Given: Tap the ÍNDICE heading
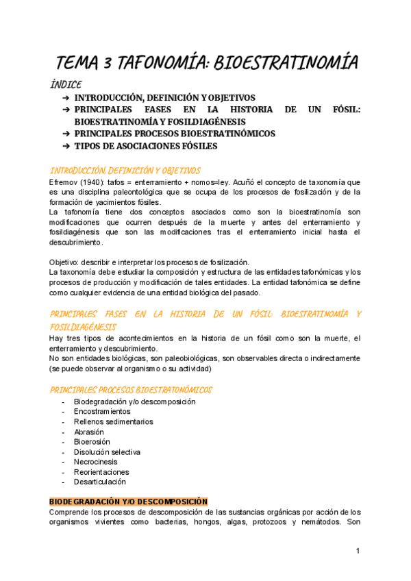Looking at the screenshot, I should (66, 85).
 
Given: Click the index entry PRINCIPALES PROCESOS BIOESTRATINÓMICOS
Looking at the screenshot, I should (175, 134).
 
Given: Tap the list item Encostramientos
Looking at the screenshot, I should (102, 411).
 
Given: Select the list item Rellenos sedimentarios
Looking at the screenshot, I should (114, 422).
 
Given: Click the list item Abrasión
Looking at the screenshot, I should (89, 432).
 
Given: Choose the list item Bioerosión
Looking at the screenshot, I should (92, 442).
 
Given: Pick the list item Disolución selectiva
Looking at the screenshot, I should (108, 452).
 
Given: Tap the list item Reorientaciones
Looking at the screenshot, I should (101, 472).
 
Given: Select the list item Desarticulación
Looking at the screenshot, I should (100, 482).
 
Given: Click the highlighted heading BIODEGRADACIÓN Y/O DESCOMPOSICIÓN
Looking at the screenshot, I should (129, 502).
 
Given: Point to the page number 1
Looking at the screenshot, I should (358, 551).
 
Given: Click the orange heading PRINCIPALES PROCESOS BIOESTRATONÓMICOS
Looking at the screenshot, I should (131, 390).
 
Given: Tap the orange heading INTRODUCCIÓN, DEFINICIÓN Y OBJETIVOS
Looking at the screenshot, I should (125, 171).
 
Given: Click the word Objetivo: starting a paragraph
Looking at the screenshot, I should (66, 262).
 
